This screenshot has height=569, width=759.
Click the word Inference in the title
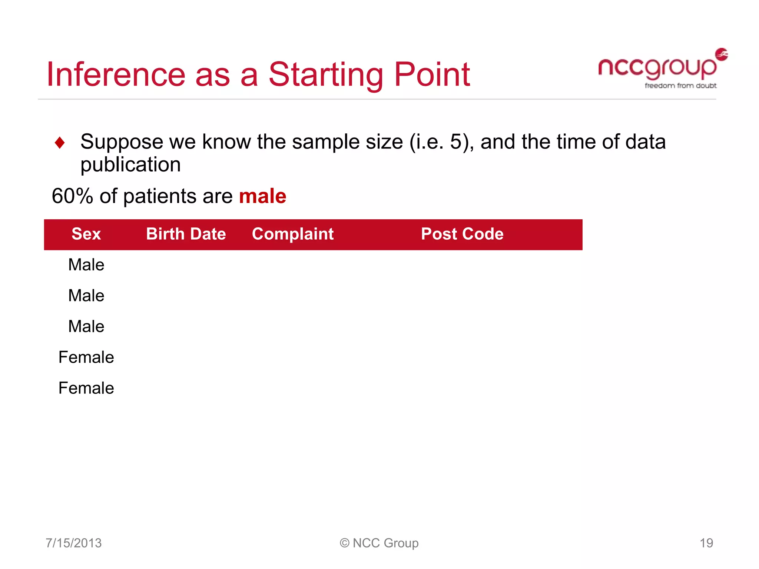tap(116, 74)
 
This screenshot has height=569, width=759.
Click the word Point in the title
tap(432, 74)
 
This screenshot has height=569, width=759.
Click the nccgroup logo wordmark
tap(657, 68)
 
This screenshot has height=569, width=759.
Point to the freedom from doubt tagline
tap(680, 86)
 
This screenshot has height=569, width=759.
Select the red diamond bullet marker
tap(60, 143)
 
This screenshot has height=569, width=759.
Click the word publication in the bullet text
tap(130, 164)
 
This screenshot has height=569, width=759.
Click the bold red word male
tap(262, 196)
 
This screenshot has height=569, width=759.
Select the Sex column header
tap(86, 234)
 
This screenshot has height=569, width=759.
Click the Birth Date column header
tap(186, 234)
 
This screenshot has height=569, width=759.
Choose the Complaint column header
tap(293, 234)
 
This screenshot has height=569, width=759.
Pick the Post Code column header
tap(462, 234)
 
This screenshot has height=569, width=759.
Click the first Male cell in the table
tap(86, 265)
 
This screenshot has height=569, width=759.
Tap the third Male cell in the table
tap(86, 326)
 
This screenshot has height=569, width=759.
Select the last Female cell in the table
tap(86, 388)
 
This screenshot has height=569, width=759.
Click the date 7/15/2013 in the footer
tap(73, 543)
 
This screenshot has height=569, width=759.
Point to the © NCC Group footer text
tap(379, 543)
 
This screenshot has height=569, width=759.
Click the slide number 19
tap(706, 543)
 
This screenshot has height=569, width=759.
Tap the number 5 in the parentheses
tap(456, 142)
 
